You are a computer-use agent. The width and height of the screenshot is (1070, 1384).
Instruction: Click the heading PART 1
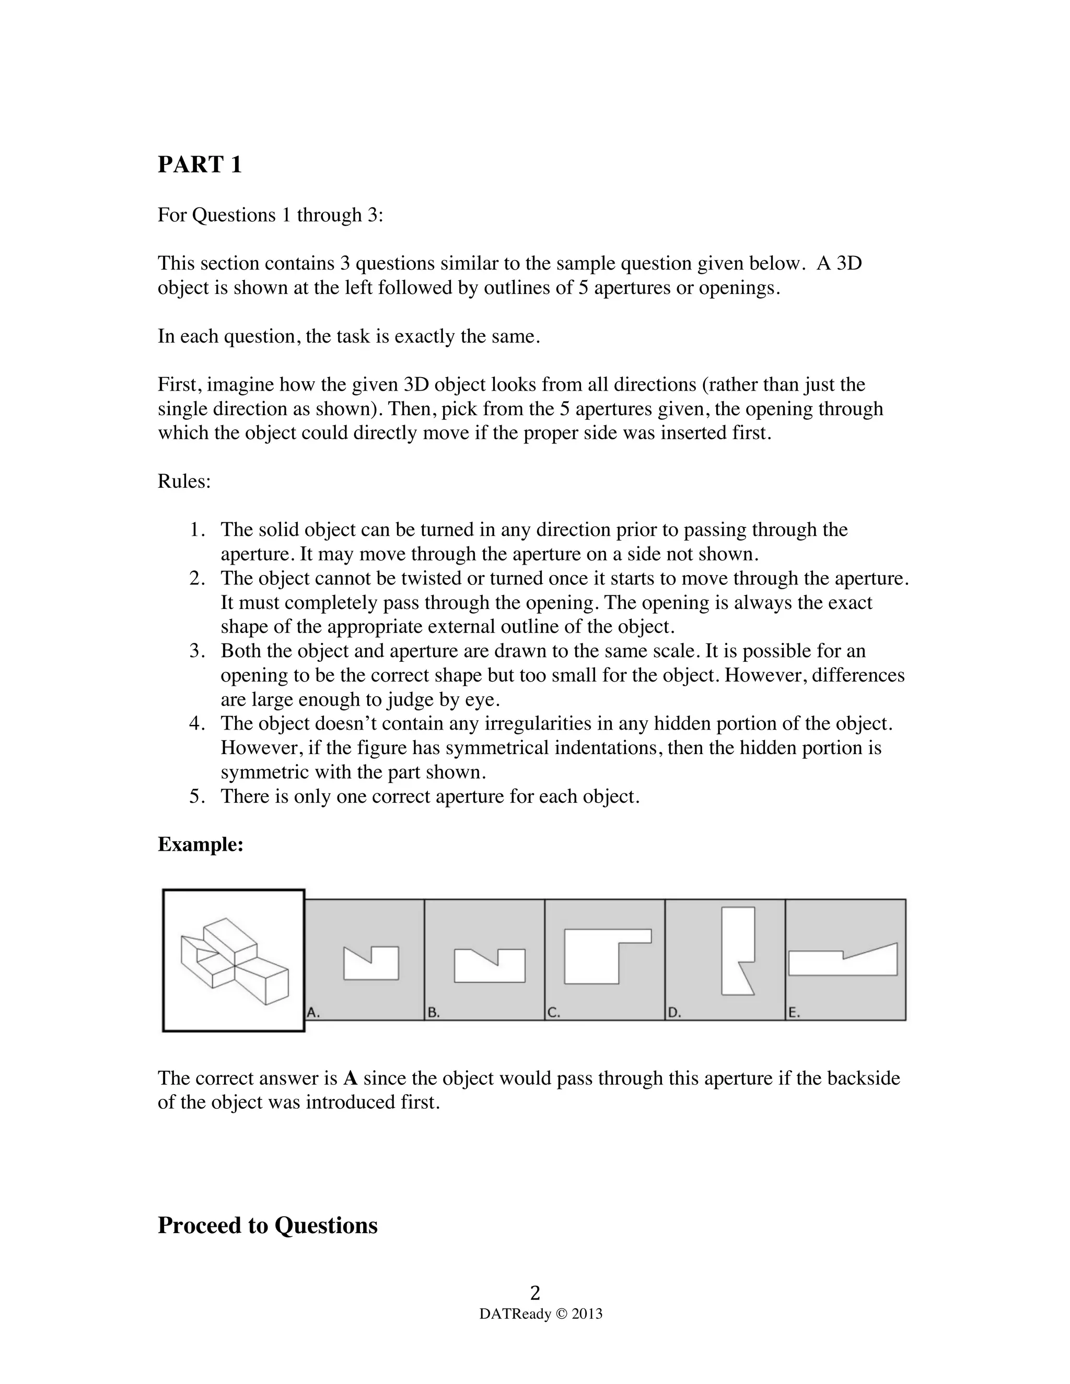click(200, 165)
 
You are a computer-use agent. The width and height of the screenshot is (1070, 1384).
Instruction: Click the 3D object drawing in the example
click(234, 960)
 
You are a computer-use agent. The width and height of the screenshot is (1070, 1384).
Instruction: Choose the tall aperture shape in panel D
click(737, 951)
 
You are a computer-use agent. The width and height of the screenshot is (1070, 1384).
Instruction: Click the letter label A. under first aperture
click(313, 1013)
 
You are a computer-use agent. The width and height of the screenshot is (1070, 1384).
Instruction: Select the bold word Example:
click(200, 845)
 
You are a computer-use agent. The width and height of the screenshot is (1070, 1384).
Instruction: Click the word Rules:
click(184, 482)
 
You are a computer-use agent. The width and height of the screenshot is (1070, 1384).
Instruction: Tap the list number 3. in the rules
click(197, 651)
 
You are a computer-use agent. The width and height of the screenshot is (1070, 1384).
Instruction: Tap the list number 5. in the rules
click(197, 796)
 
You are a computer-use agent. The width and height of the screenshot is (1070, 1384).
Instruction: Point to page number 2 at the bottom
click(535, 1292)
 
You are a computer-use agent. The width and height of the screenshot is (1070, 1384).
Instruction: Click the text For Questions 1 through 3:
click(270, 216)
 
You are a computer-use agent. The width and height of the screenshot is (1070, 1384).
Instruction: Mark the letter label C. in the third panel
click(553, 1013)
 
